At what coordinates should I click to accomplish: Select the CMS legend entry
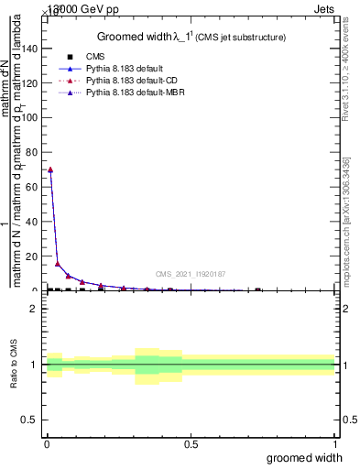[x=95, y=57]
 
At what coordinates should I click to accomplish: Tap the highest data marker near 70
[x=50, y=169]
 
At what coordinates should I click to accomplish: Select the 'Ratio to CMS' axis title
[x=13, y=365]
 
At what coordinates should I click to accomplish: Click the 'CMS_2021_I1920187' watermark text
[x=190, y=274]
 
